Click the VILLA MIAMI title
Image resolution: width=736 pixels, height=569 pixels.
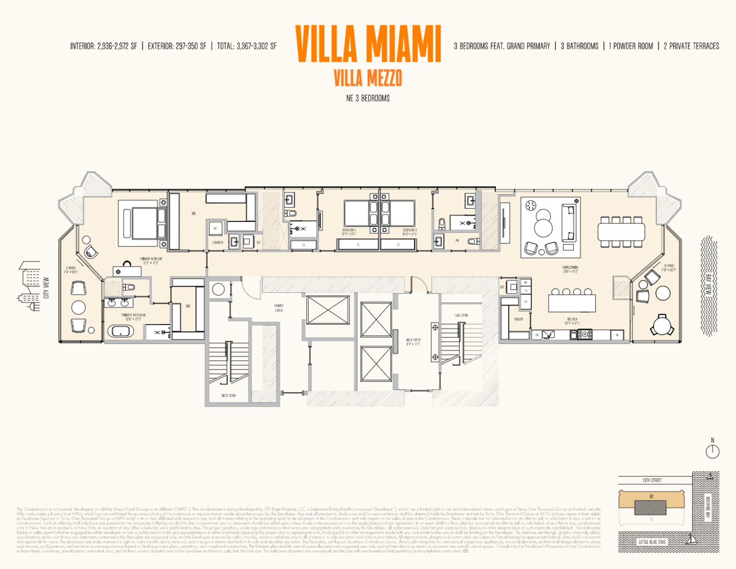point(368,44)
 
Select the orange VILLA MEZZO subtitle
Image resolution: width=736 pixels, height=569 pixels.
point(368,78)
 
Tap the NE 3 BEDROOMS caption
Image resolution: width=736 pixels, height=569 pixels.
point(368,98)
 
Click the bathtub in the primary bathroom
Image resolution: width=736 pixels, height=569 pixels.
point(120,331)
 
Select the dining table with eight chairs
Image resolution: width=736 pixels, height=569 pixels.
point(621,232)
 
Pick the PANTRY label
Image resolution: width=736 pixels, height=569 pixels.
point(518,319)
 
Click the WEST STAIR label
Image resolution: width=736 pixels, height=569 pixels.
point(229,395)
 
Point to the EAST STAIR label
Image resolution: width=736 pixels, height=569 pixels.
point(461,315)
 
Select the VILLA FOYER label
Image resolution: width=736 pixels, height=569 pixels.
point(413,342)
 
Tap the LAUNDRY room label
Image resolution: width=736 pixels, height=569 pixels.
point(218,243)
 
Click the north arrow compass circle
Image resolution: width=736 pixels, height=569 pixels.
point(713,451)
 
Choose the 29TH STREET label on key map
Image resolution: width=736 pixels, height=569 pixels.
point(652,480)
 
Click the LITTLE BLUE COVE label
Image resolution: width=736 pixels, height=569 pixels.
point(652,542)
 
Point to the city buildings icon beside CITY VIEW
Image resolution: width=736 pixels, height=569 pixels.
point(30,286)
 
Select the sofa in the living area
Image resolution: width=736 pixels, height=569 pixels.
point(569,223)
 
